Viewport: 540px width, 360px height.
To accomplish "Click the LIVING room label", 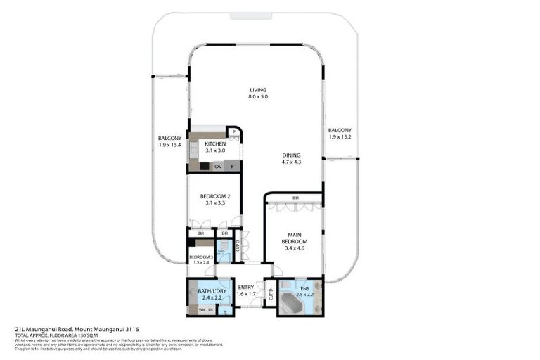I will click(x=258, y=90).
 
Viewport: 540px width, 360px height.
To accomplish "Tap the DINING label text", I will click(x=291, y=155).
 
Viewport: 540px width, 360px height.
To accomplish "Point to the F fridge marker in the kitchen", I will click(x=233, y=167).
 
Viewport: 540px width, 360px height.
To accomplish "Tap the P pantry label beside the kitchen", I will click(x=233, y=132).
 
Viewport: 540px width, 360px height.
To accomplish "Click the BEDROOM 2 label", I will click(x=214, y=196).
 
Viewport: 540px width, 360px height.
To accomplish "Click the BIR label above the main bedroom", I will click(x=296, y=198).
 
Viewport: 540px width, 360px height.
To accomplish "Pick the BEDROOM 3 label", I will click(x=201, y=257).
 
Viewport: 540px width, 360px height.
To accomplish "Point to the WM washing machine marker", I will click(x=202, y=309).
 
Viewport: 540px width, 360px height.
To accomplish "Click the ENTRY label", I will click(x=245, y=287).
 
